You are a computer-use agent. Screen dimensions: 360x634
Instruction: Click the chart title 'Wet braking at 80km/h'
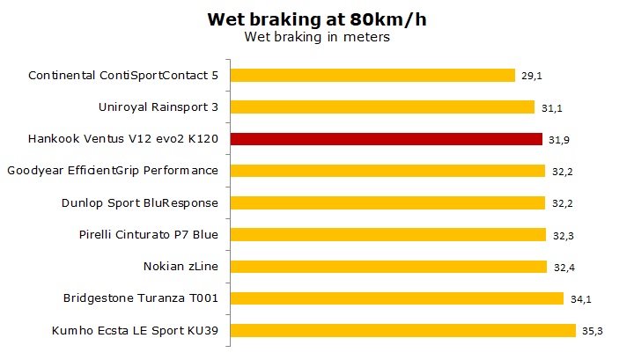316,19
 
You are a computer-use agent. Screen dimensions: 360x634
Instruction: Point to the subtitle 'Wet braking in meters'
316,37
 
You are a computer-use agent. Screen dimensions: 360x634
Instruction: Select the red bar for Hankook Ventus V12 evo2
387,139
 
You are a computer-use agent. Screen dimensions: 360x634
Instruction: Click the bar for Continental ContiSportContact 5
373,76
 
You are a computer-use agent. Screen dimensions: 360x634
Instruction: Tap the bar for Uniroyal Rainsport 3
383,107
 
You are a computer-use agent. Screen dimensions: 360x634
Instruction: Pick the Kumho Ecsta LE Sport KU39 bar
403,330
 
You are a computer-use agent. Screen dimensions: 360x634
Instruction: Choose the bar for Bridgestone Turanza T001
397,298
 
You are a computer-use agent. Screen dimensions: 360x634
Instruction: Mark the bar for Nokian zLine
389,267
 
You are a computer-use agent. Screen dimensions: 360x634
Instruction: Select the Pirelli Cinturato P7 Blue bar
388,234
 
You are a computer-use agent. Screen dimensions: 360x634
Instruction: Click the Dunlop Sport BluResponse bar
388,202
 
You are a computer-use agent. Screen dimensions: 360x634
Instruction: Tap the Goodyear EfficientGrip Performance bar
388,171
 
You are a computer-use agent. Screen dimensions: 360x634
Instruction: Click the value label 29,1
531,77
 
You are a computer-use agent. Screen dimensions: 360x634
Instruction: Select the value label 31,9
558,140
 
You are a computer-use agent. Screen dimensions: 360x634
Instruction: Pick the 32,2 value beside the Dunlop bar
562,203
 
